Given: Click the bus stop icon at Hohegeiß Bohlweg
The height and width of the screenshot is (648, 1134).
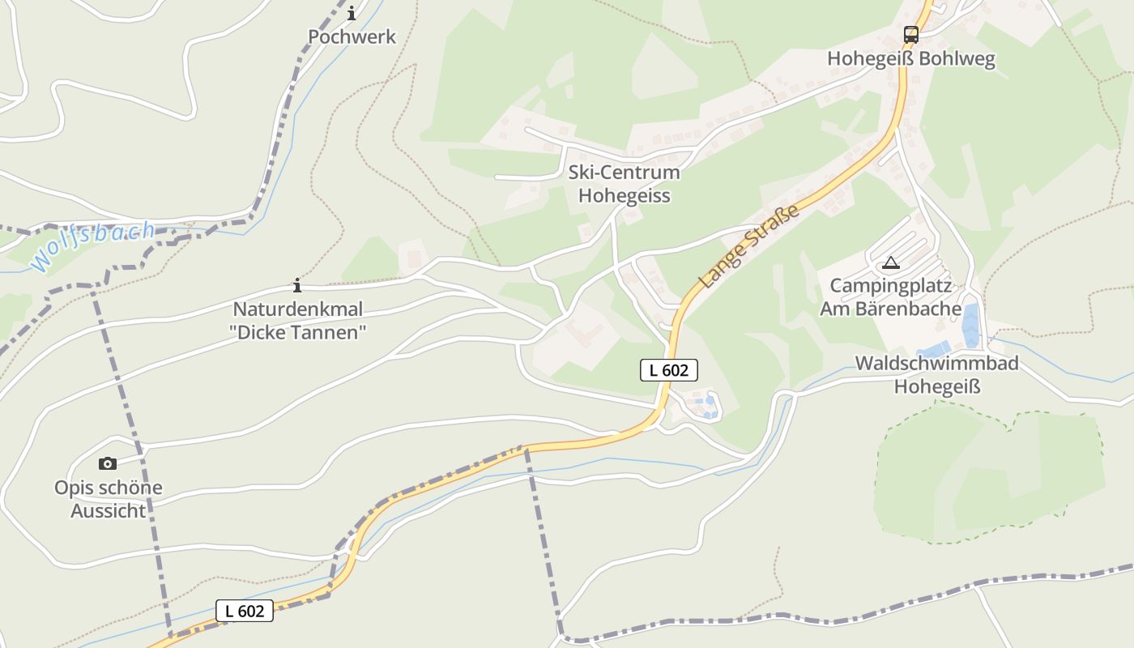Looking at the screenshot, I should [911, 35].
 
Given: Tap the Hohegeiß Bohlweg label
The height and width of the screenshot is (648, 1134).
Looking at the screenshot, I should [911, 59].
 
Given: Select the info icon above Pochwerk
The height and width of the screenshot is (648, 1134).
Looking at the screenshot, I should [352, 14].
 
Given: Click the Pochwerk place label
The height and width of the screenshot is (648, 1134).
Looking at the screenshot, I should [352, 36].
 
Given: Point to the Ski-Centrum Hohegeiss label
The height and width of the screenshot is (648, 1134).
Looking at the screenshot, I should [624, 184].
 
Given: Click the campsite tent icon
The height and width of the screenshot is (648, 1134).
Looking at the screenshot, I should [891, 262].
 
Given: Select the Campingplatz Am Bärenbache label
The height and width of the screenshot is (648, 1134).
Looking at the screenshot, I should [891, 297].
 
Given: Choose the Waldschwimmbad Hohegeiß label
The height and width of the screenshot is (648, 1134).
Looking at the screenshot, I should [937, 375].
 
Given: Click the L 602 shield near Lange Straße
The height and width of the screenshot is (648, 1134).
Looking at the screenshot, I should [669, 370].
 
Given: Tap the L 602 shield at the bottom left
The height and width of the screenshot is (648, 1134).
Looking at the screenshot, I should [245, 611].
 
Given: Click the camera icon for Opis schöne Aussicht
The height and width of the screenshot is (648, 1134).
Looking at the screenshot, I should [108, 463].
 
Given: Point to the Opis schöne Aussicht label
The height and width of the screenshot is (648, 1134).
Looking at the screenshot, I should [109, 499].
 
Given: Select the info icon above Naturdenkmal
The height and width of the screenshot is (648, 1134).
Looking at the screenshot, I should [297, 285].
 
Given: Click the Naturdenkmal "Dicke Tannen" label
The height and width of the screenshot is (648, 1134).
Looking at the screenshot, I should [298, 321].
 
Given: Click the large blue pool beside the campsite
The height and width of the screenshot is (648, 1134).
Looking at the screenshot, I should [970, 324].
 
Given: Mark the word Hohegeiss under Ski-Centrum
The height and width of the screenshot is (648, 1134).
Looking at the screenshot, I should [624, 196].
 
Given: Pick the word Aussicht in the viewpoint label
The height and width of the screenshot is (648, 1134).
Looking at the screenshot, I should [109, 511].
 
